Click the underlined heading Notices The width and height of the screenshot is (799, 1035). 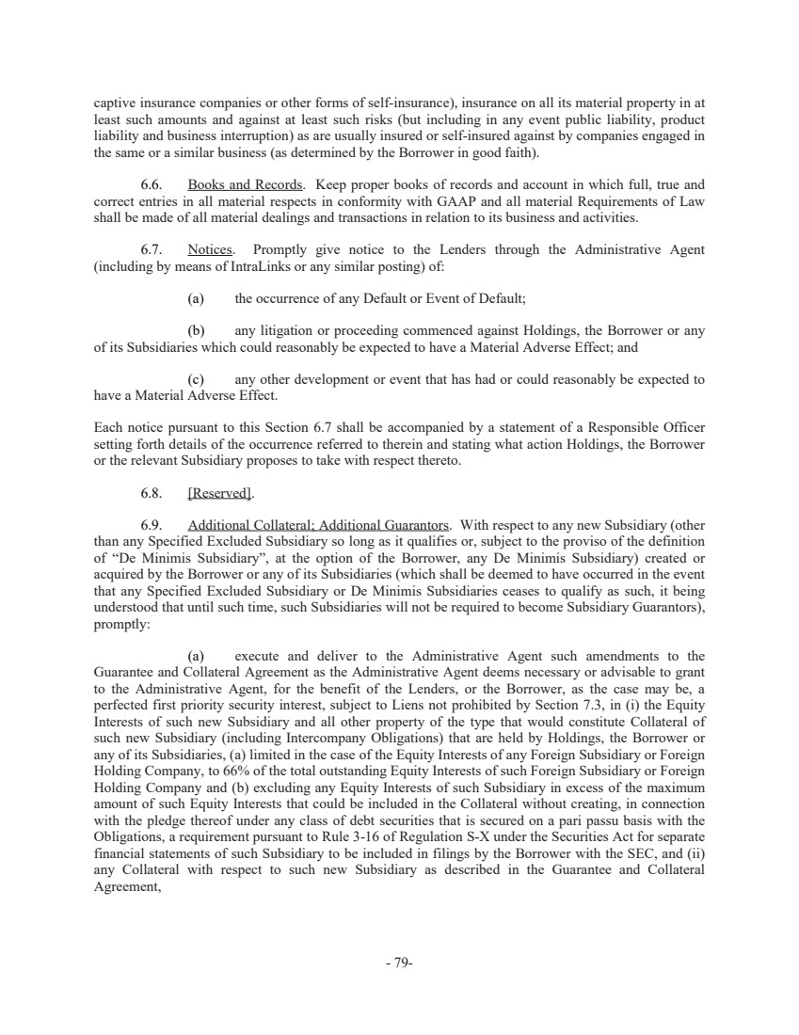pos(211,250)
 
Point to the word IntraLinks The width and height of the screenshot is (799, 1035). pos(215,265)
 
